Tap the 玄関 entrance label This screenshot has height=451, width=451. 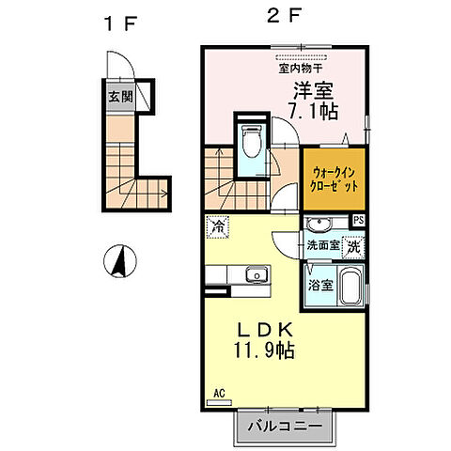tap(119, 96)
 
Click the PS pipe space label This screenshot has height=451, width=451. tap(357, 221)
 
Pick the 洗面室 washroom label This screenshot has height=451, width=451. tap(320, 246)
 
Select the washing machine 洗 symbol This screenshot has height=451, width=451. tap(352, 246)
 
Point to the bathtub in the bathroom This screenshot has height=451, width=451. tap(350, 286)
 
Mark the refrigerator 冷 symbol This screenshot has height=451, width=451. tap(218, 226)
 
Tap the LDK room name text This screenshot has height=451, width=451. tap(266, 331)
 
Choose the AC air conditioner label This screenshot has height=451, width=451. tap(217, 393)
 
